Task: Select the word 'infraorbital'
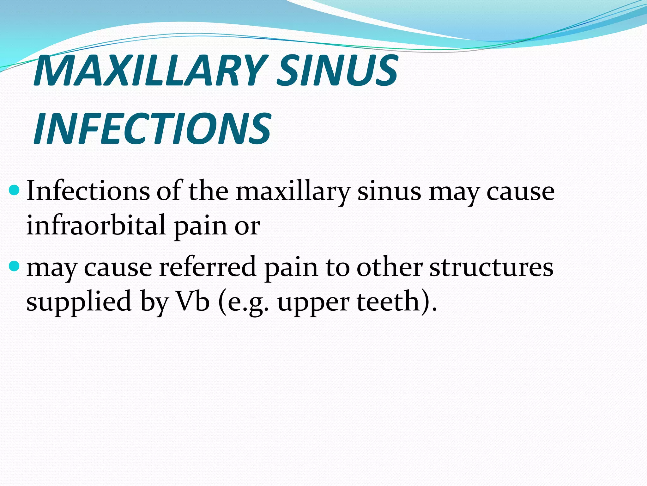96,225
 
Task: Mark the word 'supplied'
79,301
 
